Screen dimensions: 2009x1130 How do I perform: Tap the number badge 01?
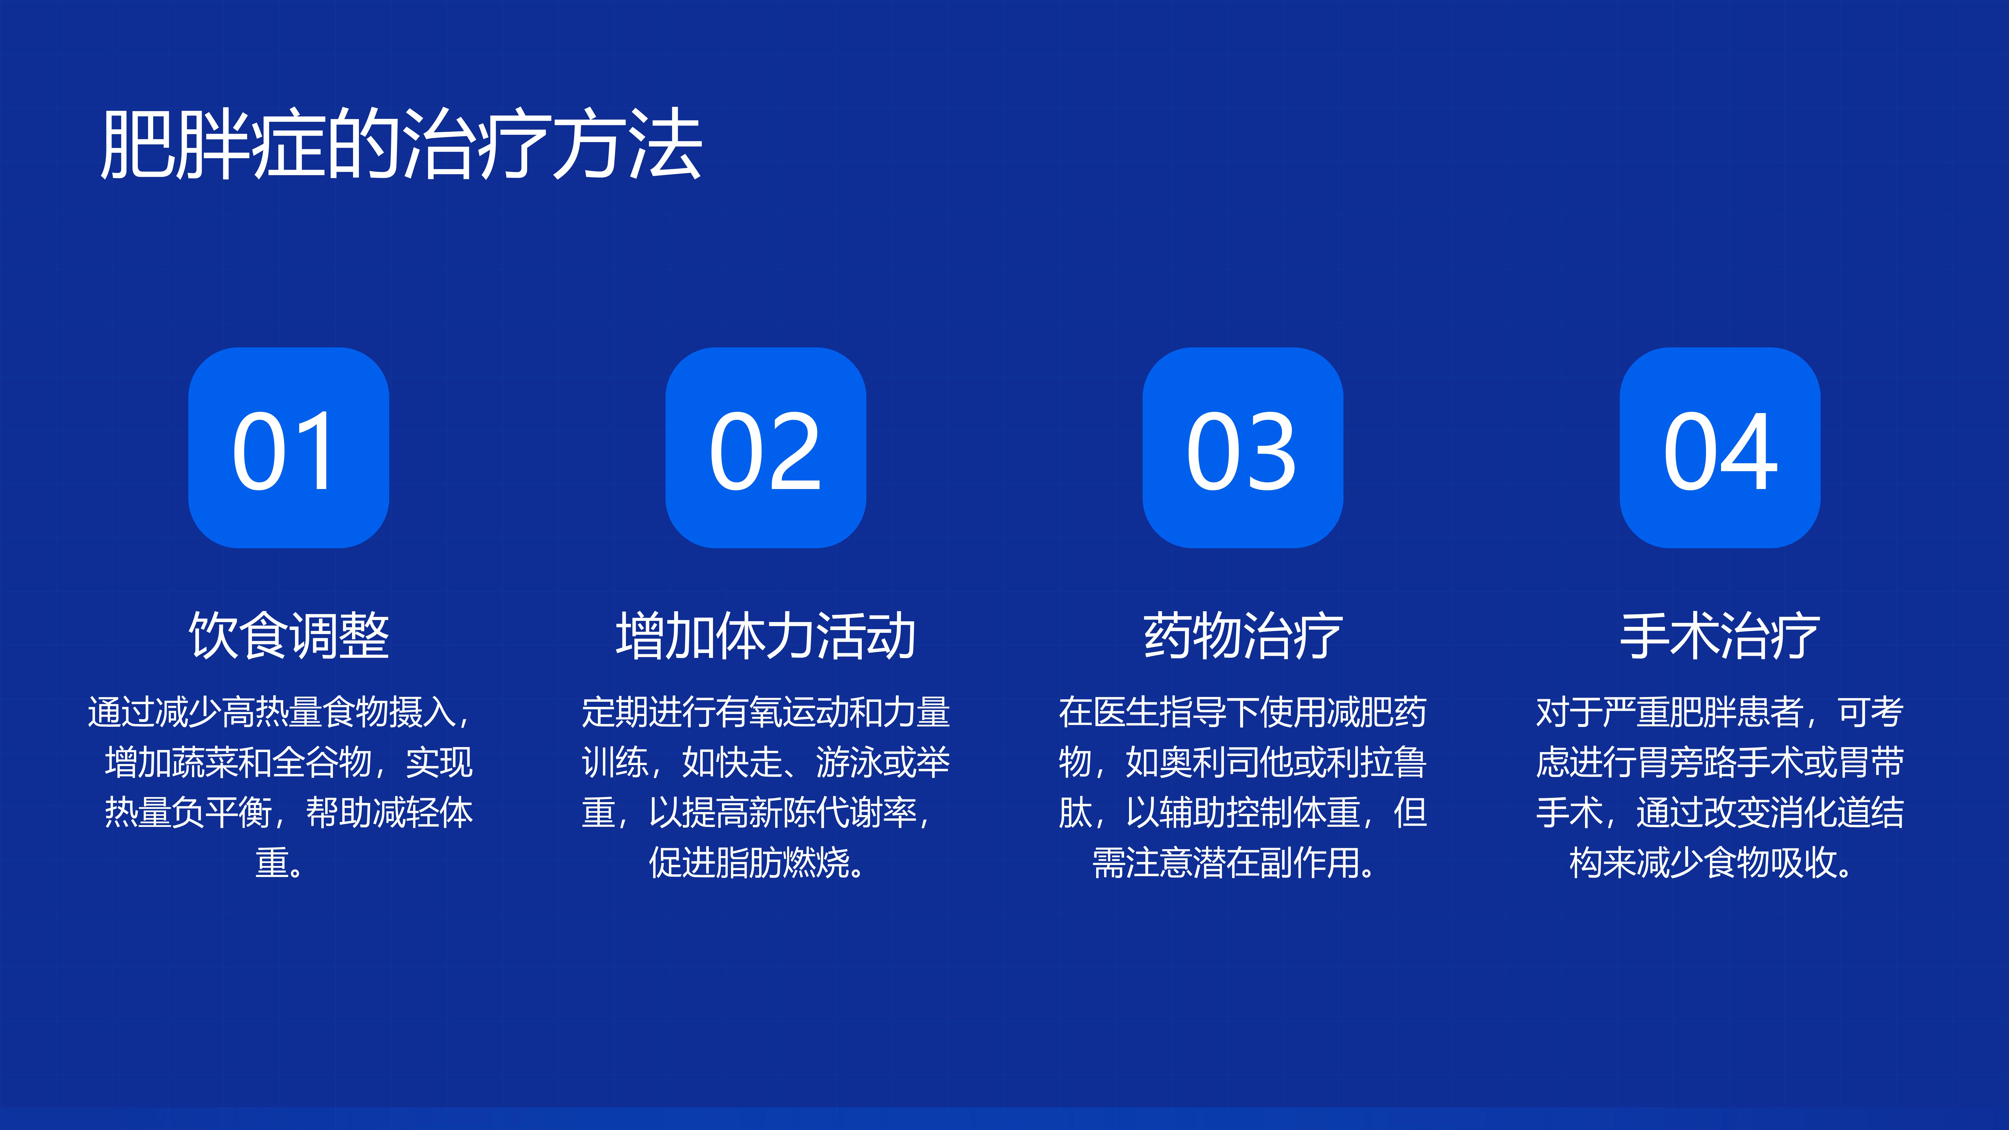tap(289, 448)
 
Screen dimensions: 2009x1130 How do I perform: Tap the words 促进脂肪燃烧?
tap(749, 863)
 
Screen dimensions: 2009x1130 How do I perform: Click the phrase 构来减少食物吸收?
tap(1703, 863)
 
